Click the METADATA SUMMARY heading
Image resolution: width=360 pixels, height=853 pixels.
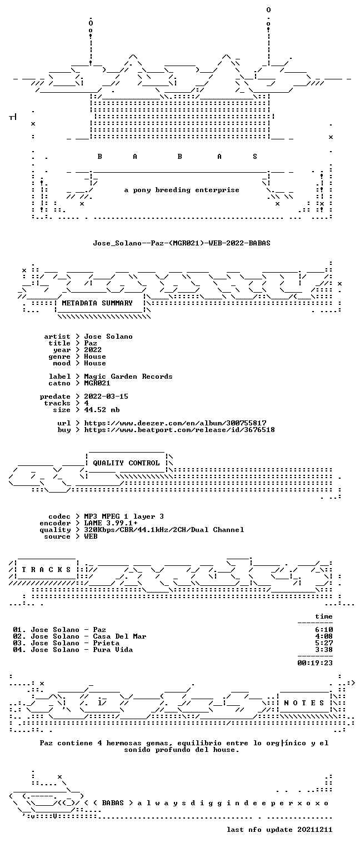pyautogui.click(x=97, y=303)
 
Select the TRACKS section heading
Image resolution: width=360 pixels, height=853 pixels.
pyautogui.click(x=47, y=570)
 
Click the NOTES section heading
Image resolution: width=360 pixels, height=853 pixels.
pyautogui.click(x=304, y=703)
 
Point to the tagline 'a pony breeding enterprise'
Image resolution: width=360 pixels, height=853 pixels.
pyautogui.click(x=182, y=190)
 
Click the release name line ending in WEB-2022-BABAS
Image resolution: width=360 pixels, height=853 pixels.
pyautogui.click(x=182, y=243)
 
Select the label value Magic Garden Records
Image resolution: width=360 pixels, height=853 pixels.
pyautogui.click(x=128, y=377)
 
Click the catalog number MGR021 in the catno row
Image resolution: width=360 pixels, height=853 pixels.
pyautogui.click(x=97, y=383)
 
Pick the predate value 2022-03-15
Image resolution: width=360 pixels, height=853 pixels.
pyautogui.click(x=106, y=397)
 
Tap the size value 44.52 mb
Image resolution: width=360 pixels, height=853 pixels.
pyautogui.click(x=102, y=410)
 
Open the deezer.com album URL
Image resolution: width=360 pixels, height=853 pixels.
pyautogui.click(x=175, y=423)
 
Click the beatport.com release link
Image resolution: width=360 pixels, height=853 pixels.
pyautogui.click(x=179, y=430)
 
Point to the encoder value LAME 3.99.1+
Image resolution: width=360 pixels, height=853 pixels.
pyautogui.click(x=111, y=523)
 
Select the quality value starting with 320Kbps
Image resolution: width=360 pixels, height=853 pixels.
pyautogui.click(x=164, y=530)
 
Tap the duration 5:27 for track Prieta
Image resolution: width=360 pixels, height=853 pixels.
pyautogui.click(x=324, y=643)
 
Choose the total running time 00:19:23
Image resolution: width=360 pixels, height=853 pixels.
pyautogui.click(x=315, y=663)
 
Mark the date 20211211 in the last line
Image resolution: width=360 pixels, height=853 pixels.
pyautogui.click(x=315, y=829)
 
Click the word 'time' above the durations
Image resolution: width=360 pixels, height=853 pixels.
pyautogui.click(x=324, y=616)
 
